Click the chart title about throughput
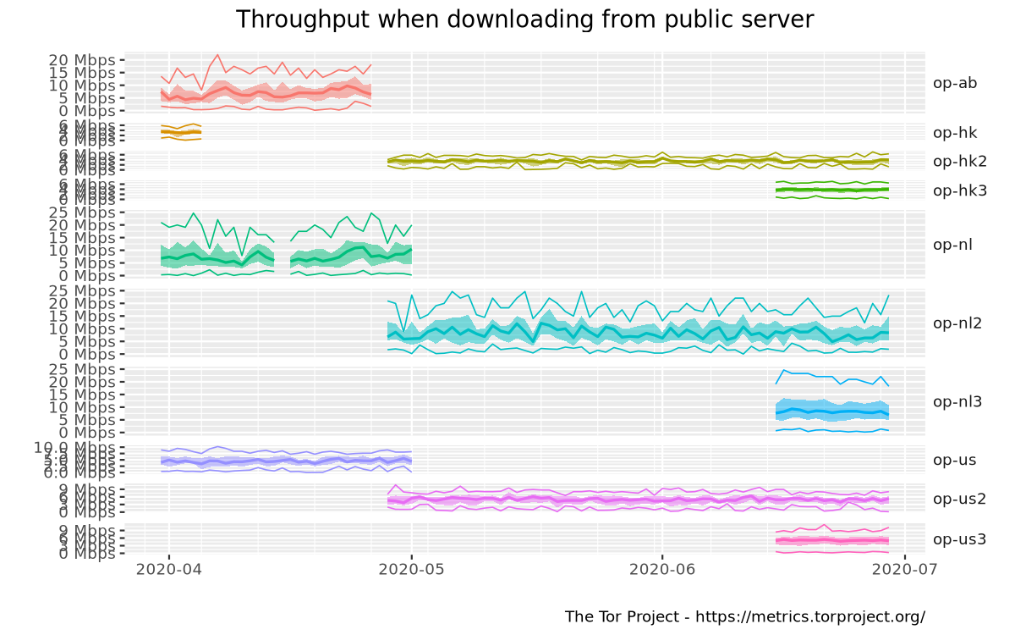tap(524, 19)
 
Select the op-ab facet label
tap(955, 83)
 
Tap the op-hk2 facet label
tap(959, 161)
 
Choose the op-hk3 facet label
tap(959, 190)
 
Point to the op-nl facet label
tap(952, 245)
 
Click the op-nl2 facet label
tap(956, 323)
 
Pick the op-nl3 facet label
tap(956, 401)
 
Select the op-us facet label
tap(955, 460)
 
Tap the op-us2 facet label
tap(959, 499)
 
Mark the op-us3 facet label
tap(959, 538)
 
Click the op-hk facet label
tap(955, 132)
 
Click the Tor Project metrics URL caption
tap(744, 616)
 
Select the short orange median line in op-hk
tap(180, 132)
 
